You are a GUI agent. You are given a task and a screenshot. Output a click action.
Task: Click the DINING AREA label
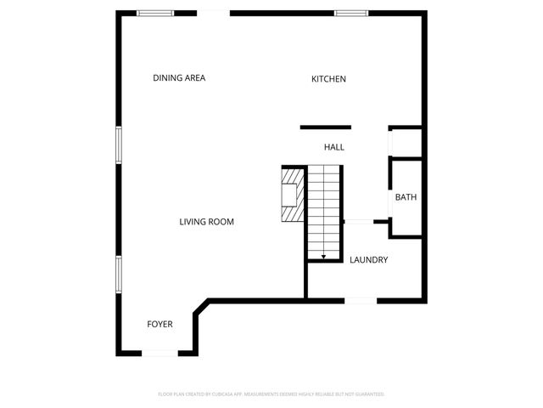179,78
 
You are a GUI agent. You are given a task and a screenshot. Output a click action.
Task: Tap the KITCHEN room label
328,79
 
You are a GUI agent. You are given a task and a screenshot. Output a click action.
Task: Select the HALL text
333,148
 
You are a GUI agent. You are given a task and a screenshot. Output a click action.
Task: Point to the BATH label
406,198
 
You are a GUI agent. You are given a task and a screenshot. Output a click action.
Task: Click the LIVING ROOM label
206,222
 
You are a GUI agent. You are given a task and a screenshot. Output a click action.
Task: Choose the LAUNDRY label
369,260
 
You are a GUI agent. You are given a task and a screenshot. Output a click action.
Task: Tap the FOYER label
160,324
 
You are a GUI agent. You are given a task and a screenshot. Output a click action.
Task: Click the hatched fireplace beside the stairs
292,193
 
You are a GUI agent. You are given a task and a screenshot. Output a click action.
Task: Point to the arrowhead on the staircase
323,256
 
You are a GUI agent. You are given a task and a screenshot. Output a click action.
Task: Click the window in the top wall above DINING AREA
156,13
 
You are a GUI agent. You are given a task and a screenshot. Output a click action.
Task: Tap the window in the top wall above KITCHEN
350,13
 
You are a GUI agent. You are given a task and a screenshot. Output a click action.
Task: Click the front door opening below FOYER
160,353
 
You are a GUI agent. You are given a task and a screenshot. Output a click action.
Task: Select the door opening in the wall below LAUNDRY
361,300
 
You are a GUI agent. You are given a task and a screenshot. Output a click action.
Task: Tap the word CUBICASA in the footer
232,394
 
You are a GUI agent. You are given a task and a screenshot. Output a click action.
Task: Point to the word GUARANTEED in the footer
367,394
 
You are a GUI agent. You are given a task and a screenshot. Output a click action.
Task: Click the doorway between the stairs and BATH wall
358,222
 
